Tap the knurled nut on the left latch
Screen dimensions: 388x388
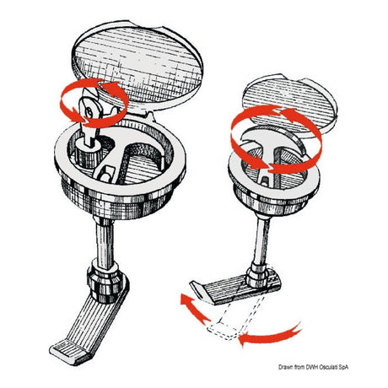[105, 281]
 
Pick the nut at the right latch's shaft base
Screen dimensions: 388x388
[257, 276]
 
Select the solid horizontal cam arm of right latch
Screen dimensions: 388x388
[235, 289]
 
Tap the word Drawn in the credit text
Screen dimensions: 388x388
[284, 367]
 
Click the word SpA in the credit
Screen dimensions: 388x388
[342, 367]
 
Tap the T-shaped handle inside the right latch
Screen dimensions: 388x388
[270, 152]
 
